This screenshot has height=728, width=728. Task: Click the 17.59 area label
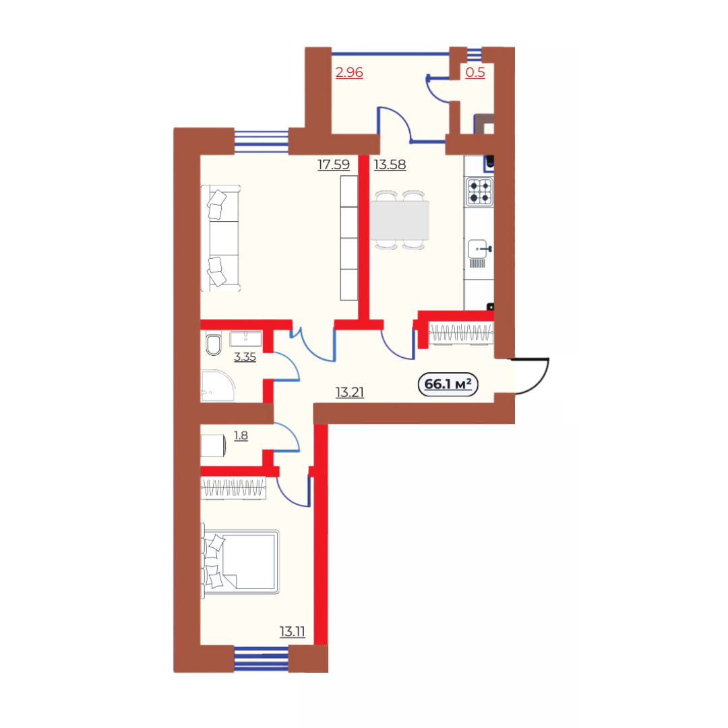334,164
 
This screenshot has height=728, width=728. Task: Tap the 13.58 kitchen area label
390,164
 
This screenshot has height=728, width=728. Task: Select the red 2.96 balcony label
349,72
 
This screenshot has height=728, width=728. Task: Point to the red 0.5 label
475,72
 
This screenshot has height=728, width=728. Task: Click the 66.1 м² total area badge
448,384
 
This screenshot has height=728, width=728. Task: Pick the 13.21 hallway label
350,392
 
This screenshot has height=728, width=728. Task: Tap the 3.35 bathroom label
245,357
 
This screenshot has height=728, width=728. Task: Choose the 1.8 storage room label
241,435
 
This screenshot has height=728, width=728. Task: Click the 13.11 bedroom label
292,632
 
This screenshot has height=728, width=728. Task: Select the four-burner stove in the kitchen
479,191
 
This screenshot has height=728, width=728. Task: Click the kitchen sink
479,250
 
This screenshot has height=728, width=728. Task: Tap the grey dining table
400,220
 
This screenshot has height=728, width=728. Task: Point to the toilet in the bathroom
213,344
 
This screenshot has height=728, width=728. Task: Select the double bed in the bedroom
240,562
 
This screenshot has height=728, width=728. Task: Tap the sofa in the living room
220,238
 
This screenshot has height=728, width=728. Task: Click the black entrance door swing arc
539,380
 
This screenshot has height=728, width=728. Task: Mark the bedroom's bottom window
261,659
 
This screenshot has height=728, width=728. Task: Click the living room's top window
262,141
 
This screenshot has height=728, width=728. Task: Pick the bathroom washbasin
245,338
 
